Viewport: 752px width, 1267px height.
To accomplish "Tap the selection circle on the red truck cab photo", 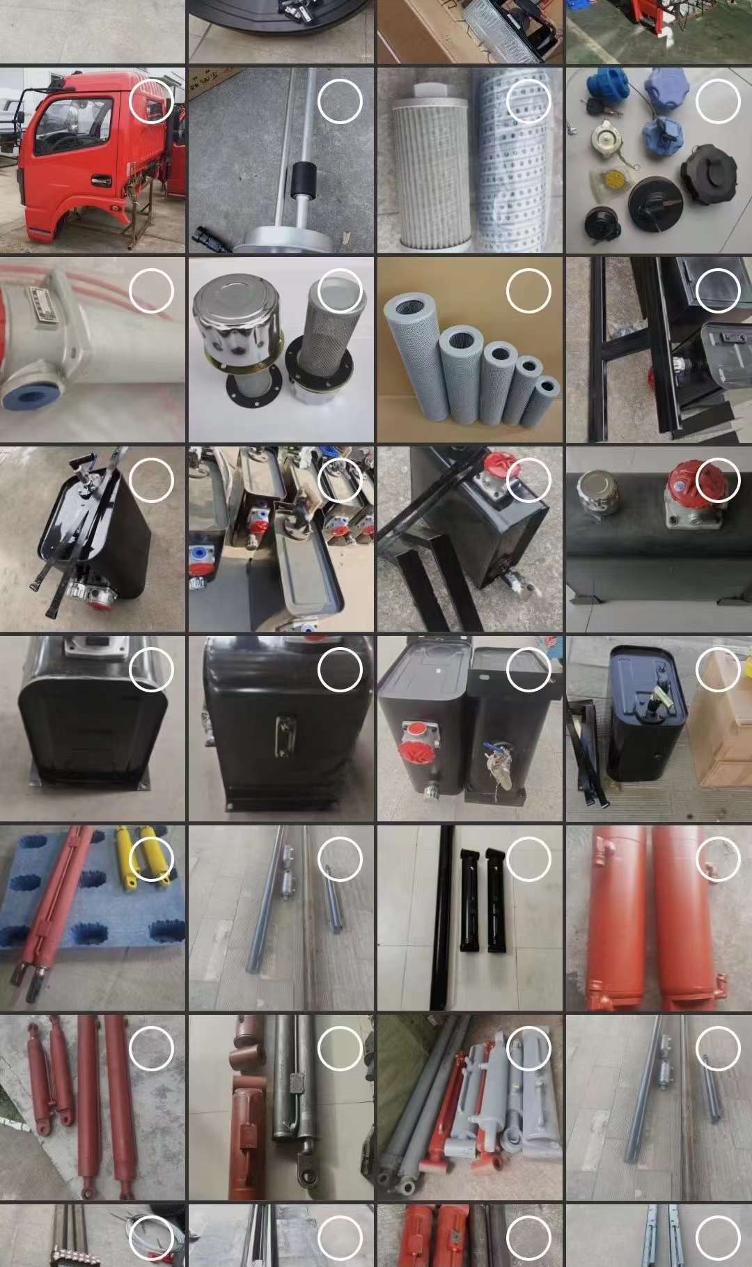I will pyautogui.click(x=150, y=101).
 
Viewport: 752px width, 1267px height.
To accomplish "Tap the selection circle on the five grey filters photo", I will pyautogui.click(x=528, y=290).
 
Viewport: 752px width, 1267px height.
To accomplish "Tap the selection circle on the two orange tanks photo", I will pyautogui.click(x=718, y=859).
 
